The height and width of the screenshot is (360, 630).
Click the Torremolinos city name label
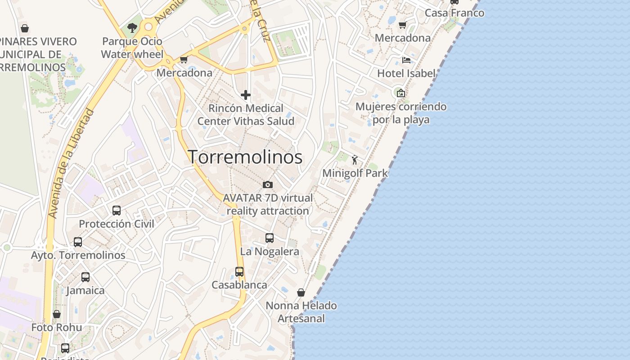tap(245, 157)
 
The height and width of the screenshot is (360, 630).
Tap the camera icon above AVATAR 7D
tap(268, 184)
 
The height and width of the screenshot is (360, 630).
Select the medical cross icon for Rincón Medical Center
tap(246, 95)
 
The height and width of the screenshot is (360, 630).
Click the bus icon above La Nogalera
tap(270, 238)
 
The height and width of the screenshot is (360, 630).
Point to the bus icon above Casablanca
tap(239, 272)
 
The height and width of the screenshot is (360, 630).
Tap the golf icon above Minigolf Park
tap(355, 159)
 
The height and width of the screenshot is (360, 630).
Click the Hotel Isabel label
tap(406, 73)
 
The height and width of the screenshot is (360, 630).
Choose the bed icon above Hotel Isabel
tap(406, 60)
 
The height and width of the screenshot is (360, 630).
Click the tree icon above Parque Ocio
tap(132, 28)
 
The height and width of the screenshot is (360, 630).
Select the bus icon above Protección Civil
tap(117, 210)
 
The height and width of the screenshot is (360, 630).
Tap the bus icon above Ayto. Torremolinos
tap(78, 242)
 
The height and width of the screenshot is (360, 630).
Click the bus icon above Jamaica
tap(85, 277)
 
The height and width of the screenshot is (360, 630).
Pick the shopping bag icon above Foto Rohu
tap(57, 314)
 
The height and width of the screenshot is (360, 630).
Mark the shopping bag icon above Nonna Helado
tap(301, 292)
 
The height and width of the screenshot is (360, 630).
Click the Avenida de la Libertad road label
tap(72, 164)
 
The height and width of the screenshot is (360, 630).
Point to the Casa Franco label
tap(454, 13)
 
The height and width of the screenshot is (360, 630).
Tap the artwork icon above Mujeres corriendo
tap(400, 93)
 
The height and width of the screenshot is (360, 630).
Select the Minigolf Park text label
tap(355, 173)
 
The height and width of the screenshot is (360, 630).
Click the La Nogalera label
tap(270, 252)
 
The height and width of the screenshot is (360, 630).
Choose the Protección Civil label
tap(117, 224)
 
